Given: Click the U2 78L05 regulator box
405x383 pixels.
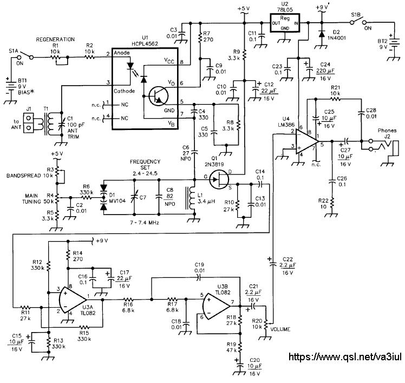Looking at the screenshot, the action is pos(285,23).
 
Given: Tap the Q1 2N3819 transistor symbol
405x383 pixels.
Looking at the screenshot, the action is pos(219,179).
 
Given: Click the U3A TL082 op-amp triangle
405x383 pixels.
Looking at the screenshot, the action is pos(73,300).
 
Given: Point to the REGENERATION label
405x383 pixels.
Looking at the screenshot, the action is pos(55,40).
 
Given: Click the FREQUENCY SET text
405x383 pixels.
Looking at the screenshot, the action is pos(145,164).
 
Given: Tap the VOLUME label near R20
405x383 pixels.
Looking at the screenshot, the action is pos(280,329).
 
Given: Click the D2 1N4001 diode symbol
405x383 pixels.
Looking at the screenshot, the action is pos(322,34).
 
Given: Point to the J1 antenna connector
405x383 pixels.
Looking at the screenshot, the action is pos(29,123).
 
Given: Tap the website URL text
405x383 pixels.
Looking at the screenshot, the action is pos(345,357).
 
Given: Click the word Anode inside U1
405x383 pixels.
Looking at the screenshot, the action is pos(122,53).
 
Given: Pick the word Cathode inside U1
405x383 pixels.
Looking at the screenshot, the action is pos(124,91).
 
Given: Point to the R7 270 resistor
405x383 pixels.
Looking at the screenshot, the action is pos(200,38).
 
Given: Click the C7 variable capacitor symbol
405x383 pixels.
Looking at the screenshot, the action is pos(134,197).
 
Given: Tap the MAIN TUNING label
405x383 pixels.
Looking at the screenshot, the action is pos(31,199).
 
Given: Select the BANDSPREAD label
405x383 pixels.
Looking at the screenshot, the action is pos(23,176).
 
